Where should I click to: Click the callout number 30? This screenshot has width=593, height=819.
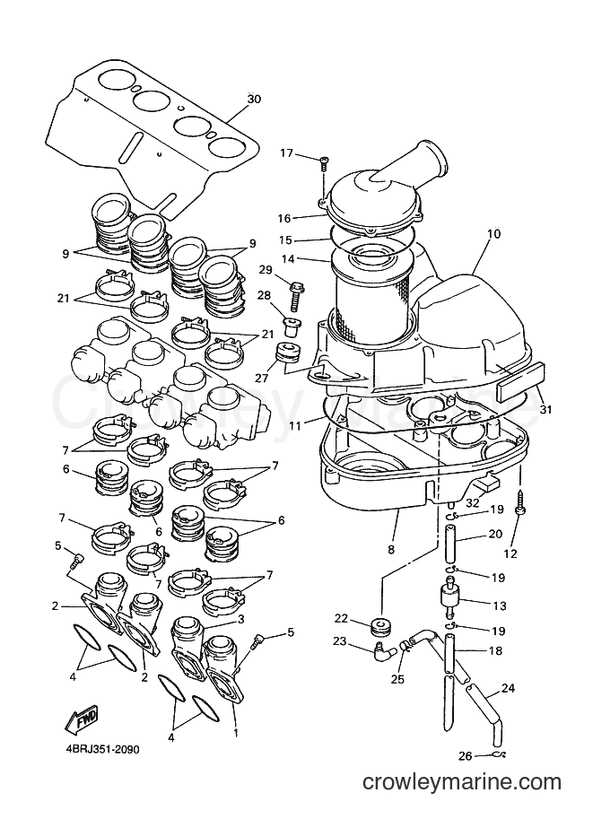pyautogui.click(x=254, y=99)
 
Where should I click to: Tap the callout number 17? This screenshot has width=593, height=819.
pyautogui.click(x=287, y=153)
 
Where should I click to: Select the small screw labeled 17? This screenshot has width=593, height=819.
pyautogui.click(x=322, y=163)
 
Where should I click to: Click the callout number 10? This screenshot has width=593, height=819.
pyautogui.click(x=493, y=233)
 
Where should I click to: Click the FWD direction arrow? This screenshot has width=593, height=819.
pyautogui.click(x=81, y=721)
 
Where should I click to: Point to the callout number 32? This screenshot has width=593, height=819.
pyautogui.click(x=472, y=503)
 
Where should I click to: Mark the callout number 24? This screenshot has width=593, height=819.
pyautogui.click(x=507, y=689)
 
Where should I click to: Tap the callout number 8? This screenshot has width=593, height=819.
pyautogui.click(x=391, y=549)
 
